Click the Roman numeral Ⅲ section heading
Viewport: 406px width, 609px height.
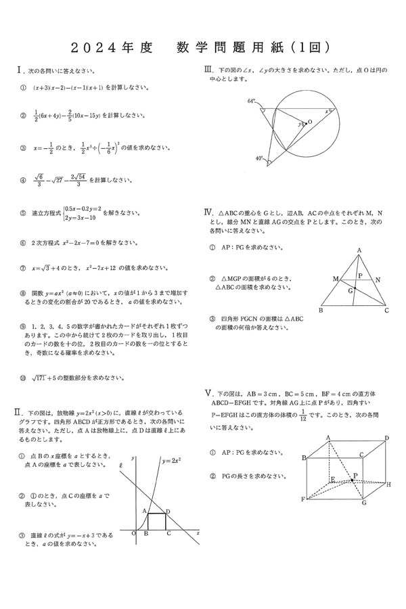[208, 70]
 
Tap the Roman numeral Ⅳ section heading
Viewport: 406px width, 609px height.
[208, 212]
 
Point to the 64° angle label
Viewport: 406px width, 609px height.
[251, 101]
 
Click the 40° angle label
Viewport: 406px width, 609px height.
[259, 158]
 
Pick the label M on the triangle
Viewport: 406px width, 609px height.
[335, 278]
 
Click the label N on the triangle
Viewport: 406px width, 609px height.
[378, 279]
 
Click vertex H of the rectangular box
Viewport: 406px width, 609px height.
[388, 484]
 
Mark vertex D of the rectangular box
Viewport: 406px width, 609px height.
[386, 438]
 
